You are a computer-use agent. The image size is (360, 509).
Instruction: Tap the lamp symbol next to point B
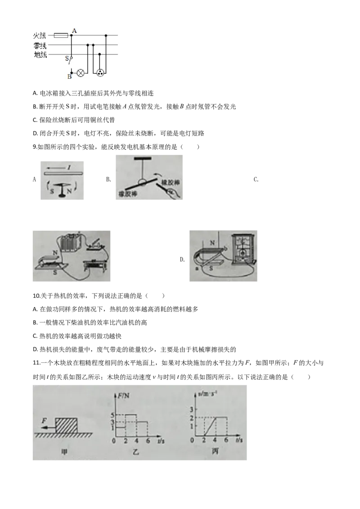click(x=81, y=72)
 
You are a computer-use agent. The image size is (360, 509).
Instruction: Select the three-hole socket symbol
click(x=99, y=72)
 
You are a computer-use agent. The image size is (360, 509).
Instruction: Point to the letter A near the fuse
click(x=74, y=30)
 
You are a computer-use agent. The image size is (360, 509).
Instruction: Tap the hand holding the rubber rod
click(x=171, y=193)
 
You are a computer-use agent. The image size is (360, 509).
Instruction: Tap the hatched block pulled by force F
click(x=66, y=425)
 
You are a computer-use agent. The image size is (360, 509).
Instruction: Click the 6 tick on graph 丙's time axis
click(x=226, y=441)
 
